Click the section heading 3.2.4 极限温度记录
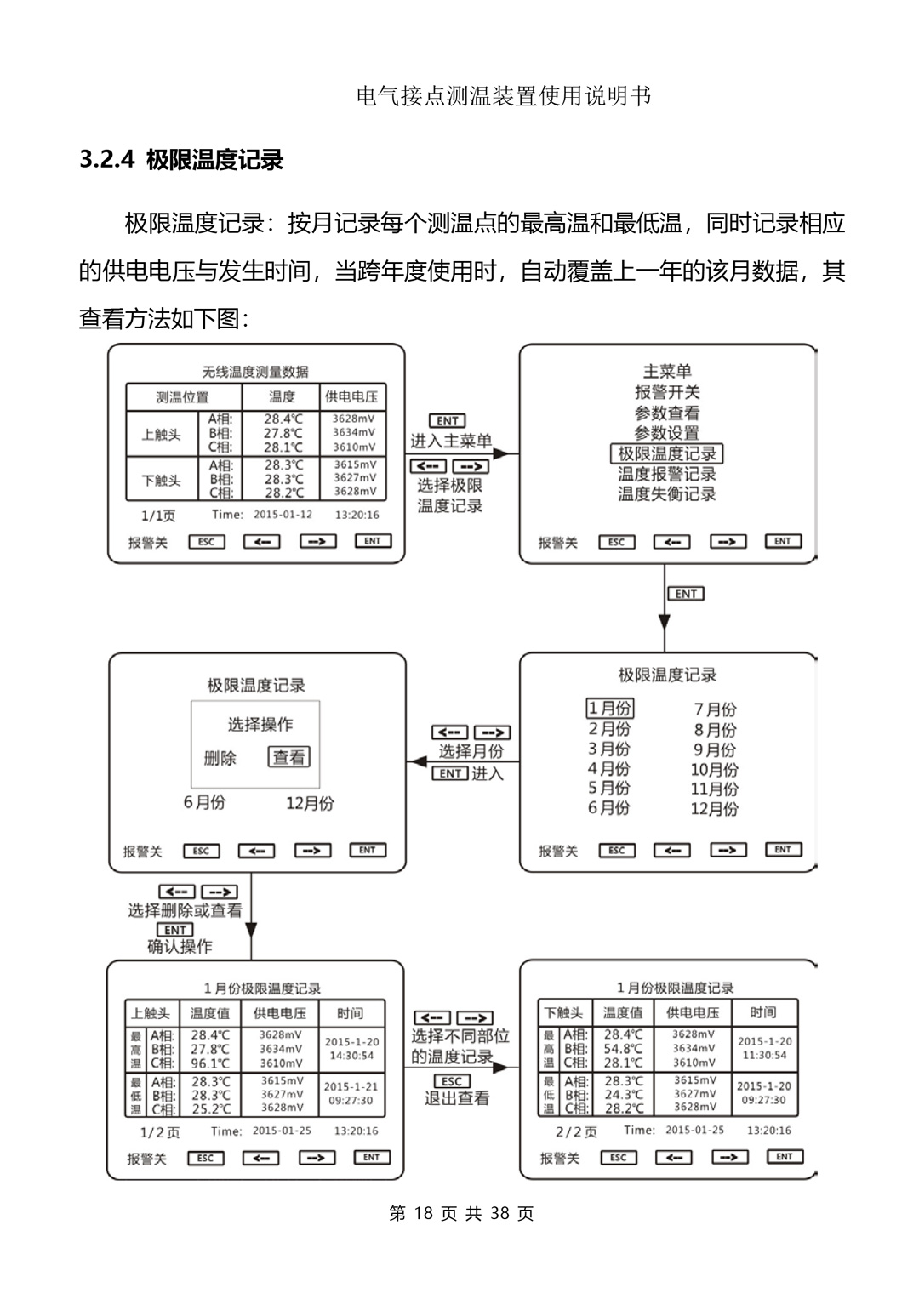(181, 160)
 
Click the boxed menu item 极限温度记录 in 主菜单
(666, 453)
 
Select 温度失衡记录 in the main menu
(666, 494)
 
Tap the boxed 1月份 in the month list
(609, 708)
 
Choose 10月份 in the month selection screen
(714, 769)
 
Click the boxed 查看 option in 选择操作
(289, 756)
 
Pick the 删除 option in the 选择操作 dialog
(220, 757)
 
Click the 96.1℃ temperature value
(209, 1063)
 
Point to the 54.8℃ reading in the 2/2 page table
(623, 1049)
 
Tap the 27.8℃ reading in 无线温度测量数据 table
(283, 433)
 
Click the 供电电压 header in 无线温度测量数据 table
(351, 396)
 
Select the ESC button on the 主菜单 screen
(616, 542)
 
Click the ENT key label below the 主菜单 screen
(686, 594)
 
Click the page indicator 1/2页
(159, 1132)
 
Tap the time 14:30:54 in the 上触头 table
(351, 1056)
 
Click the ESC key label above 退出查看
(451, 1081)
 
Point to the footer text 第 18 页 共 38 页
(461, 1214)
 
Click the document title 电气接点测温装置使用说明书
(505, 96)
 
